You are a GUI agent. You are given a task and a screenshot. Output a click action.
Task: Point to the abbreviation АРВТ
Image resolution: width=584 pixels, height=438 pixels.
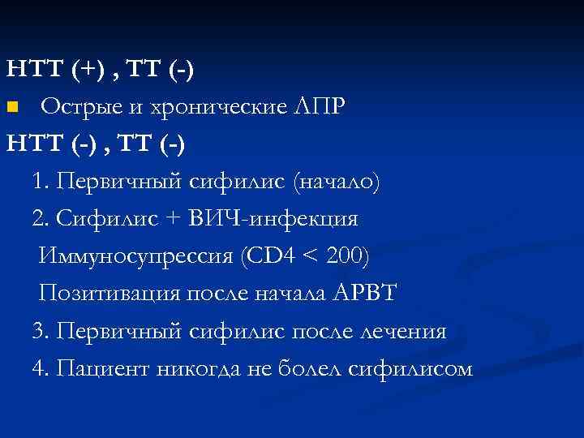coord(364,294)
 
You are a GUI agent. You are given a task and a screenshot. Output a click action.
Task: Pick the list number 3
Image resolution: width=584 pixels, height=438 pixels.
coord(38,331)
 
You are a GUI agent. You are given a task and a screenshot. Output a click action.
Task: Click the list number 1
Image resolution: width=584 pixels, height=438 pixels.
coord(38,182)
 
